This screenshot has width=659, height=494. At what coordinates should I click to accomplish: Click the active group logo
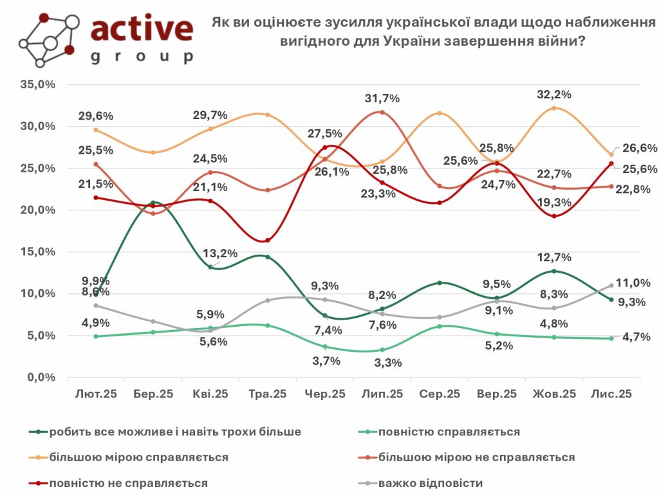[106, 39]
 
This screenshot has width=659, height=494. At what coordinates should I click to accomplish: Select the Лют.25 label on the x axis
[96, 394]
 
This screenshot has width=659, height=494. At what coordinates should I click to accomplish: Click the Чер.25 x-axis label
[325, 394]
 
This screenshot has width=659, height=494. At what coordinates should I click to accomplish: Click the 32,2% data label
[553, 95]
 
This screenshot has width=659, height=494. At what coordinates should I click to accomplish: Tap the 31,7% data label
[382, 98]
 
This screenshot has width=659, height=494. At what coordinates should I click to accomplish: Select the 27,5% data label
[324, 133]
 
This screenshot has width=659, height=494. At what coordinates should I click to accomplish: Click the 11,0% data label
[633, 282]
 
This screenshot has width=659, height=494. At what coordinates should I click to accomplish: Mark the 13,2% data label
[220, 253]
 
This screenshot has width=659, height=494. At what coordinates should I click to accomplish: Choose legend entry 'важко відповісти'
[431, 483]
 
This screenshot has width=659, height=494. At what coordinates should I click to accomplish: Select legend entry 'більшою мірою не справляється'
[476, 457]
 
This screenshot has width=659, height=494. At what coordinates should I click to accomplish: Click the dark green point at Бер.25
[153, 203]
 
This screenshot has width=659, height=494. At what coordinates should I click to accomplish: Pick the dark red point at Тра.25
[268, 241]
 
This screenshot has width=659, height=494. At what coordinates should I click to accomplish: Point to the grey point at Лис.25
[611, 286]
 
